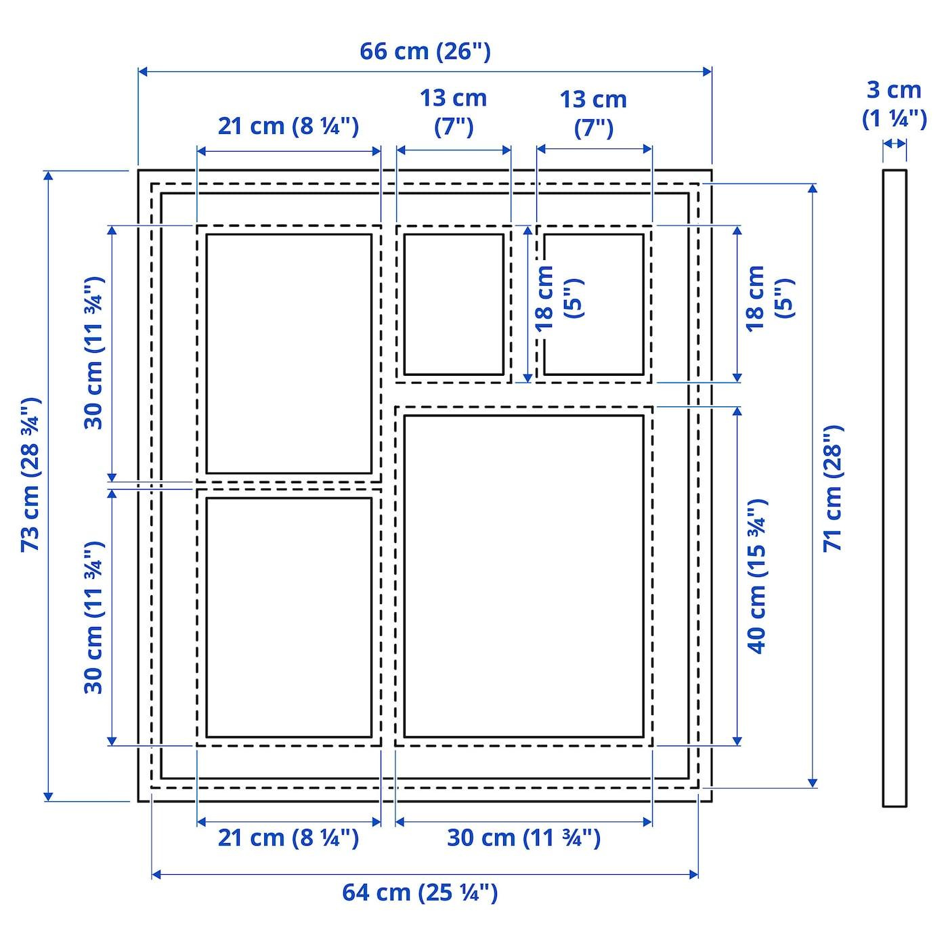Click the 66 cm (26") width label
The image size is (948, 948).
tap(425, 51)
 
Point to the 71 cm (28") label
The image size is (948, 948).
tap(833, 488)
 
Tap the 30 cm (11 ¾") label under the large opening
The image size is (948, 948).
tap(523, 838)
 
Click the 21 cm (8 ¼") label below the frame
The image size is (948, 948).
tap(288, 838)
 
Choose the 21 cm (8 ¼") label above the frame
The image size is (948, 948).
tap(288, 127)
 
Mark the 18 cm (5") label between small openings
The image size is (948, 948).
tap(559, 298)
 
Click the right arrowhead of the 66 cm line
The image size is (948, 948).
tap(708, 72)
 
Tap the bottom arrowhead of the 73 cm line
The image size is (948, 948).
tap(47, 796)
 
